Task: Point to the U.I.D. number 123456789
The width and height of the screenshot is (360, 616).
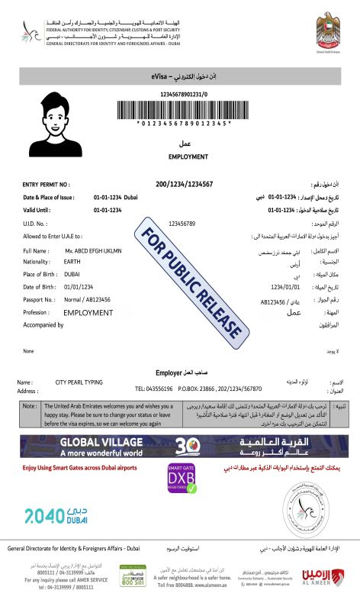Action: pyautogui.click(x=182, y=224)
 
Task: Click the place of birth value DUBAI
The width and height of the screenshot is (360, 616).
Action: pyautogui.click(x=73, y=273)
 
